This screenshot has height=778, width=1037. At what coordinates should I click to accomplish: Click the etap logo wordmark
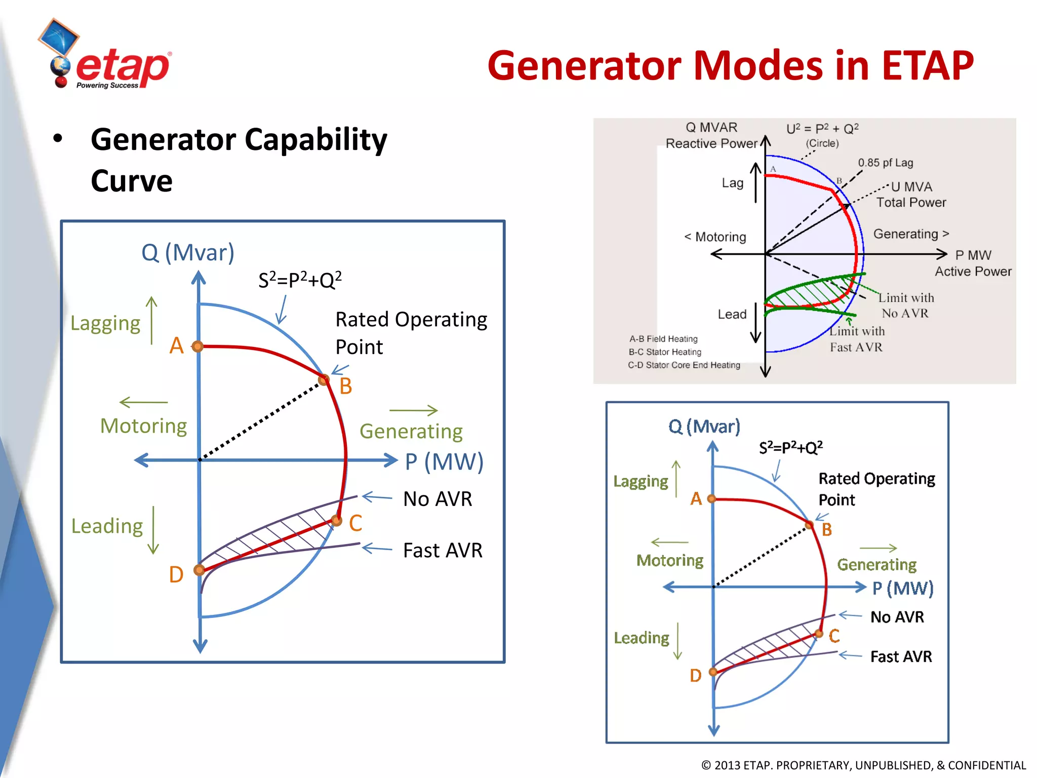click(x=123, y=67)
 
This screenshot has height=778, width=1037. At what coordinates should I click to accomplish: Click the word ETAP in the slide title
click(x=927, y=66)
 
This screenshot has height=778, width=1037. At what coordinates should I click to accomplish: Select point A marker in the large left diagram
click(x=197, y=346)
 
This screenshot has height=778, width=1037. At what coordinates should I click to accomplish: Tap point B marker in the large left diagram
click(x=324, y=379)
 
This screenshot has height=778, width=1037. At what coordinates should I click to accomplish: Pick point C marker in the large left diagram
click(x=336, y=520)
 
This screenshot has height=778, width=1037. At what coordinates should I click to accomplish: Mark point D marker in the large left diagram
click(x=200, y=570)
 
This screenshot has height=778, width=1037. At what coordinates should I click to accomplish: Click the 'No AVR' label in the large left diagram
click(x=437, y=499)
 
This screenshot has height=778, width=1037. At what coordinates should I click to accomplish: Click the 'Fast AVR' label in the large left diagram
click(x=443, y=550)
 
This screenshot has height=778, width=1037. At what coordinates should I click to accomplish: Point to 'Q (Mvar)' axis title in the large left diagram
click(x=188, y=252)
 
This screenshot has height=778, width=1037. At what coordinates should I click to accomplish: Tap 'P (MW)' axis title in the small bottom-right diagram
click(x=903, y=588)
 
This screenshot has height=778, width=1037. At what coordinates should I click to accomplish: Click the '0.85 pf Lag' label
click(x=885, y=163)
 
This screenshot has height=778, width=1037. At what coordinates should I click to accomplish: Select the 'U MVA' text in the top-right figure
click(x=911, y=187)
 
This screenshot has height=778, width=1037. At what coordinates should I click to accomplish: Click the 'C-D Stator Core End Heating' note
click(x=684, y=365)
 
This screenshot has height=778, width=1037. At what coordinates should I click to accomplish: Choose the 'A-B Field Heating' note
click(x=663, y=339)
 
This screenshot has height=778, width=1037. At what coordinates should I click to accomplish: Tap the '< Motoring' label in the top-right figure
click(x=715, y=237)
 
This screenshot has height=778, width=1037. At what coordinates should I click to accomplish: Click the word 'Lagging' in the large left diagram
click(x=105, y=323)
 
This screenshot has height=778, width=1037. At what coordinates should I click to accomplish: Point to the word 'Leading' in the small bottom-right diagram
click(x=642, y=638)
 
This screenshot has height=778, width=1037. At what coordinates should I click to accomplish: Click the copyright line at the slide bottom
click(x=863, y=765)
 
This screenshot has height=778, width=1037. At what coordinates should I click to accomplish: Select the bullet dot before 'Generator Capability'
click(x=58, y=138)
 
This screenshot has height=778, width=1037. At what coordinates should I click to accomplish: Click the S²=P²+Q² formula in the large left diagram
click(x=300, y=280)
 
